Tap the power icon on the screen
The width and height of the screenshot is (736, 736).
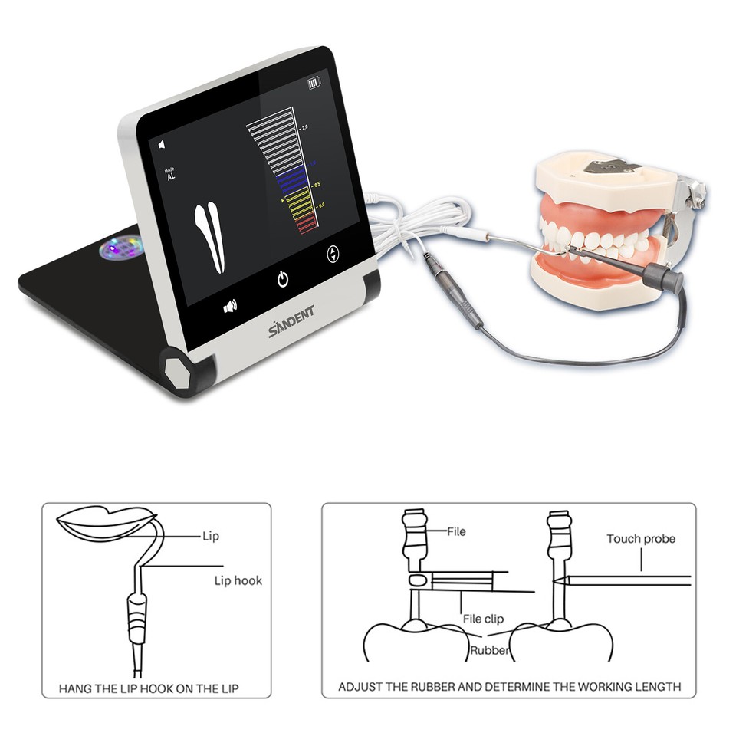tap(283, 279)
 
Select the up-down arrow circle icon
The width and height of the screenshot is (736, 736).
tap(333, 255)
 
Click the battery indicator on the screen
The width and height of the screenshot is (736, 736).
tap(313, 83)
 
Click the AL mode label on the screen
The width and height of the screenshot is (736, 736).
tap(170, 176)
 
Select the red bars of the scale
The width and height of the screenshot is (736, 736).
tap(306, 222)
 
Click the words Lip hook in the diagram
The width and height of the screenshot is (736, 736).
tap(238, 580)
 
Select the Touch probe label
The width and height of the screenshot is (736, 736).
tap(641, 539)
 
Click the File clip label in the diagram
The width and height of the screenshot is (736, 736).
tap(483, 618)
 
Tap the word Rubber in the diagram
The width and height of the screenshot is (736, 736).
tap(488, 652)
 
